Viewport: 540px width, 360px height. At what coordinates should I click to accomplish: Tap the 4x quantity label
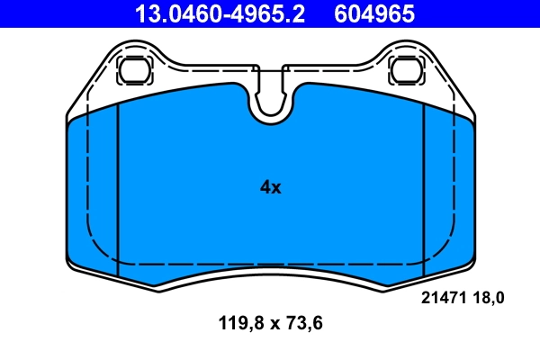tap(270, 187)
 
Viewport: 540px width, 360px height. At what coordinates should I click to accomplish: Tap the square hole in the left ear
tap(134, 69)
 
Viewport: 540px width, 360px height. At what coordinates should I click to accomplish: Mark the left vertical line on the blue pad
tap(118, 189)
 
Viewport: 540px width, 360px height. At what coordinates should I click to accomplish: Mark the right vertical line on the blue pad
tap(423, 189)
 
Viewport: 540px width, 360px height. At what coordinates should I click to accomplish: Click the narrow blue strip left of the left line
tap(94, 189)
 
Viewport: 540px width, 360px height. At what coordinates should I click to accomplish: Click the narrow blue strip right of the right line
tap(447, 189)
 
